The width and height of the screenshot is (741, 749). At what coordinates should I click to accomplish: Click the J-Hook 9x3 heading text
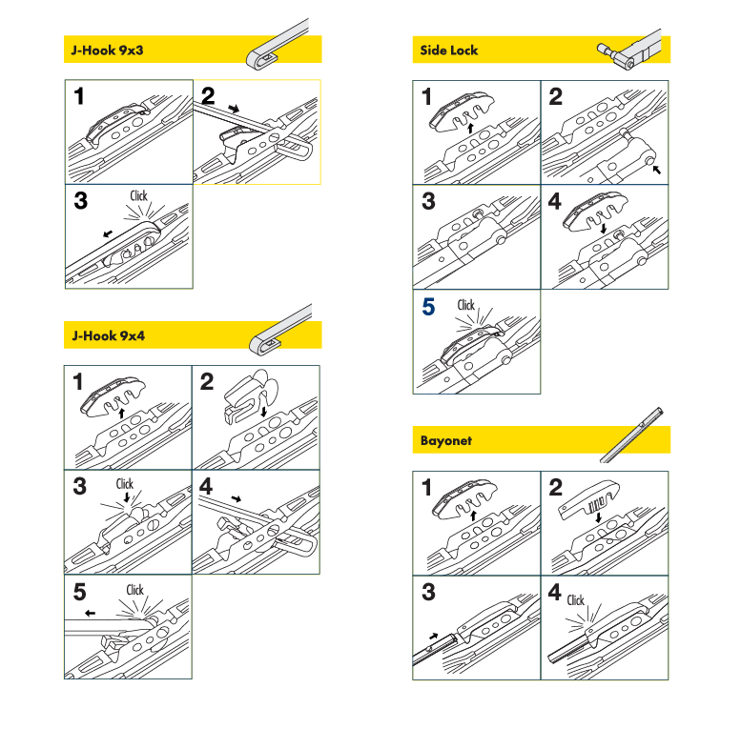tap(107, 51)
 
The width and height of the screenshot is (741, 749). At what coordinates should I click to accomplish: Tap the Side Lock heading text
tap(449, 51)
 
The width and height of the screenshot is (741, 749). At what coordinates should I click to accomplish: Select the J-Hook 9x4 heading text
tap(108, 335)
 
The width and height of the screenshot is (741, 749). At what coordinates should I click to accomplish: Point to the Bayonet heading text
tap(446, 440)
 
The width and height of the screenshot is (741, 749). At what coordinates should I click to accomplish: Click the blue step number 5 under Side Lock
tap(428, 307)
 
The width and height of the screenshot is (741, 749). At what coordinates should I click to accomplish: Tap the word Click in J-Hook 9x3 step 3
tap(138, 195)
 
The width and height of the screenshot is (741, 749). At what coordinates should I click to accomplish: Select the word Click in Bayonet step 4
tap(576, 600)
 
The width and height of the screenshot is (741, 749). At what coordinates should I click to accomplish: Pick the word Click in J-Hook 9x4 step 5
tap(134, 590)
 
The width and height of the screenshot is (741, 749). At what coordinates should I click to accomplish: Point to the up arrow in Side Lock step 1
tap(470, 128)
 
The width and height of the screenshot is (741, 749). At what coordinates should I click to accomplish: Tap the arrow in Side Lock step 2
tap(657, 169)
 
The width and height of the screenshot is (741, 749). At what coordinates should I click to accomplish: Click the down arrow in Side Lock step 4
tap(604, 228)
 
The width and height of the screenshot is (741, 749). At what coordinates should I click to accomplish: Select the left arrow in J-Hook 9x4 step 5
tap(90, 614)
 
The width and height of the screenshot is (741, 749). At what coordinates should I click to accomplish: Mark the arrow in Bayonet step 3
tap(433, 637)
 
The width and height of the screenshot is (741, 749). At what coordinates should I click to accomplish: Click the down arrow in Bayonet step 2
tap(598, 517)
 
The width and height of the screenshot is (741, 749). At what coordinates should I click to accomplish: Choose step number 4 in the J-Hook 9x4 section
tap(206, 486)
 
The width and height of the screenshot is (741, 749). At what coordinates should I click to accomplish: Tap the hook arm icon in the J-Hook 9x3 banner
tap(278, 45)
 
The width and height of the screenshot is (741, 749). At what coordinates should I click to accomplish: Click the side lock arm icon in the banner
tap(629, 51)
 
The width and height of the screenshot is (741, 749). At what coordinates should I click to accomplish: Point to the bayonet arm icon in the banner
tap(632, 435)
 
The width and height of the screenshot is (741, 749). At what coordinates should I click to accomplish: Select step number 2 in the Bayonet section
tap(555, 487)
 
